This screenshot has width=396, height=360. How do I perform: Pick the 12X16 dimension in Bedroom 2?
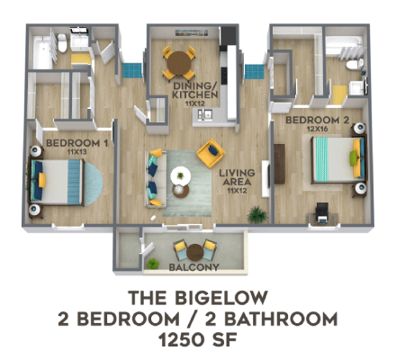coord(314,128)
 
